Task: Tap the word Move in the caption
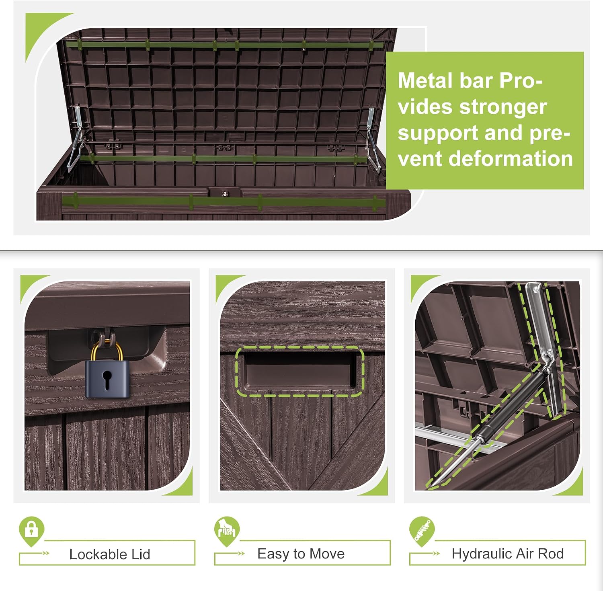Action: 327,554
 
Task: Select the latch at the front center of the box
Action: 225,193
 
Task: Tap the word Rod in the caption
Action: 551,554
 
